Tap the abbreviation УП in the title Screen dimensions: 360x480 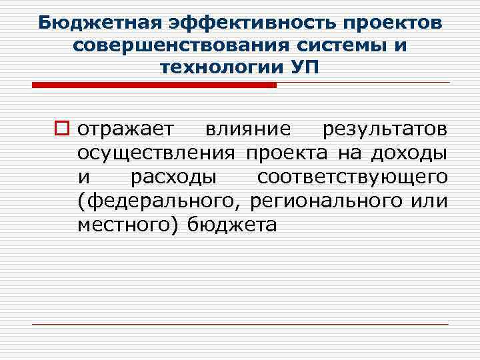(303, 68)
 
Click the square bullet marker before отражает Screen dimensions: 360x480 (65, 129)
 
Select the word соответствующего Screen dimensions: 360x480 (352, 177)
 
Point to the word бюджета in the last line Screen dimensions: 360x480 (231, 225)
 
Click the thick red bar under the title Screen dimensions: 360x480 (154, 85)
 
